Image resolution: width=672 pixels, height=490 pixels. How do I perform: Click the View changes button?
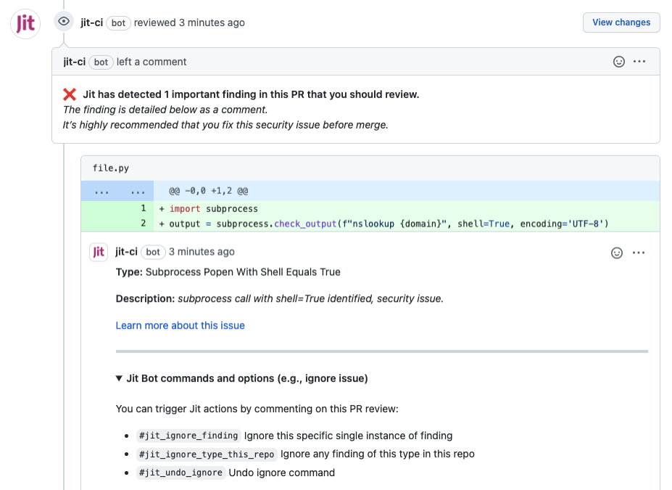[621, 23]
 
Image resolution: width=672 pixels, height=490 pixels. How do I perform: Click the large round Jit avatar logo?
[25, 24]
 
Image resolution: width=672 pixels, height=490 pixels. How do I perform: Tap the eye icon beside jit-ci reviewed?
[63, 22]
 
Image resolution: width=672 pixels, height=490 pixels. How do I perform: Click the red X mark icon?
[70, 94]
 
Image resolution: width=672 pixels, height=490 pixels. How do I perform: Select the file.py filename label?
[111, 168]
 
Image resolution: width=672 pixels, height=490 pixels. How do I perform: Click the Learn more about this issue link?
[180, 326]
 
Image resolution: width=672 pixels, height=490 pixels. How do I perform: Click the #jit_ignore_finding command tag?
[188, 436]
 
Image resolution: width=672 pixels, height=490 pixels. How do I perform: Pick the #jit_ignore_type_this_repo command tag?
[207, 454]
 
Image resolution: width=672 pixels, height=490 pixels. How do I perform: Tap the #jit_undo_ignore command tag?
[181, 473]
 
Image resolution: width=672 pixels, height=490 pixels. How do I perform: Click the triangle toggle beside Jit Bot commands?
[119, 378]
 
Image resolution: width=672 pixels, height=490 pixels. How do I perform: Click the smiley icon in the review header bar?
[619, 62]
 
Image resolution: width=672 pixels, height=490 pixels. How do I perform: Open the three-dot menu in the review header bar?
[639, 62]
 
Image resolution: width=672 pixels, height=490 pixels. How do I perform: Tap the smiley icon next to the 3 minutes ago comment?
[617, 253]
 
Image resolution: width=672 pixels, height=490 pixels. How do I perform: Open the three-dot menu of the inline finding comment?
[639, 253]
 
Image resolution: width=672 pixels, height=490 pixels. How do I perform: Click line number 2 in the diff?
[143, 224]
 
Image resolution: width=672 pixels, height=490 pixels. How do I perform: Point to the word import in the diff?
[185, 209]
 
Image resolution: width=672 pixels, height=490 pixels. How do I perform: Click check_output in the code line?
[305, 224]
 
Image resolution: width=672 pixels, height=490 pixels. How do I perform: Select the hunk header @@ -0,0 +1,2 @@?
[208, 191]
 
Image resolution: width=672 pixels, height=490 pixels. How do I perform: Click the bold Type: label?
[129, 272]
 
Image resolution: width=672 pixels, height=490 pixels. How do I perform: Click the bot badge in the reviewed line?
[118, 23]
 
